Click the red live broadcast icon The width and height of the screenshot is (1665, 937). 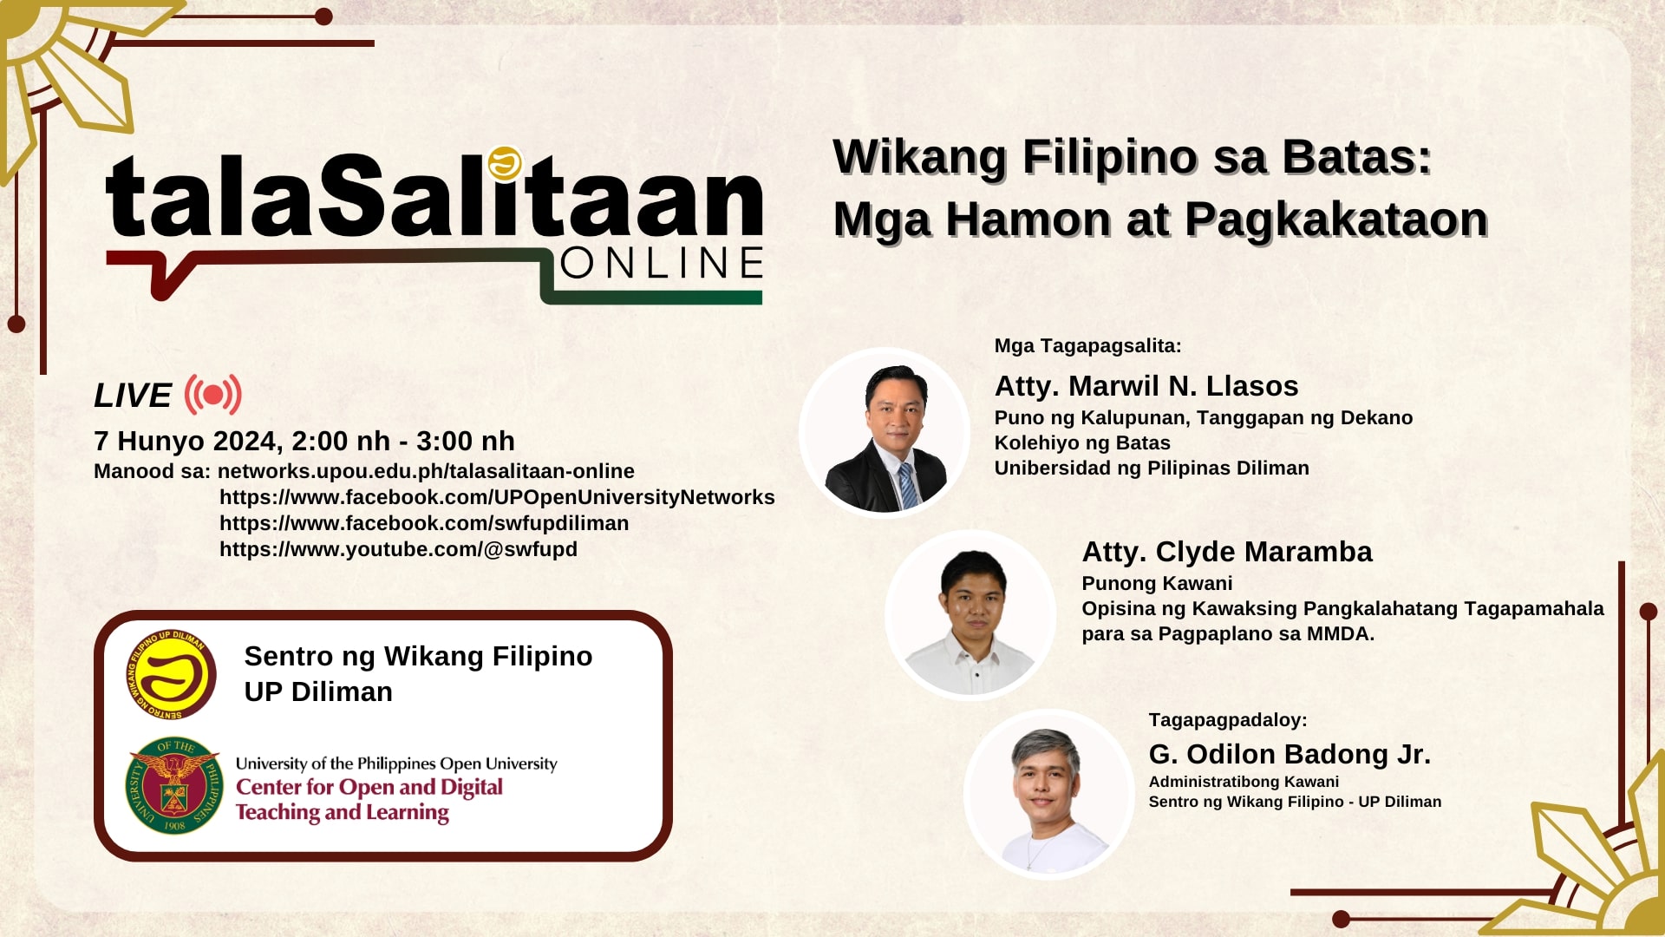[x=212, y=395]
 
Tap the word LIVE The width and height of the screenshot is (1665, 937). [x=133, y=396]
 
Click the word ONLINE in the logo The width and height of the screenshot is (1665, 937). [x=662, y=264]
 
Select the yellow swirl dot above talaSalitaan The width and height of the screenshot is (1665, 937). [x=504, y=162]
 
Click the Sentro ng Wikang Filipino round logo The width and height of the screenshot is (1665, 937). [x=172, y=675]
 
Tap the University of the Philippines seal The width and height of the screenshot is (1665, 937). [x=173, y=786]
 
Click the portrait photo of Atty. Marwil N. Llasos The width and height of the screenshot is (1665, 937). [x=884, y=432]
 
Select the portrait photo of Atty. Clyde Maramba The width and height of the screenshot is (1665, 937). [x=970, y=614]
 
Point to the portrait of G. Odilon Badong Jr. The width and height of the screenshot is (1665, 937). [x=1048, y=794]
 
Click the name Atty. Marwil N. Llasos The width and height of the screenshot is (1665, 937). [x=1146, y=386]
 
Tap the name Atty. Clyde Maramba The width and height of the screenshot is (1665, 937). [x=1227, y=552]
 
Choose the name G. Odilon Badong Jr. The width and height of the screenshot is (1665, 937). [x=1290, y=754]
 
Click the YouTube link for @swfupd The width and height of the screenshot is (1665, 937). [x=398, y=549]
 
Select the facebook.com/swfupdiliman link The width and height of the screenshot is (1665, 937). [x=424, y=523]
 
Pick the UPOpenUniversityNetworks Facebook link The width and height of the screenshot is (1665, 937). [x=497, y=497]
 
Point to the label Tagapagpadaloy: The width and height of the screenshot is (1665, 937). [x=1228, y=720]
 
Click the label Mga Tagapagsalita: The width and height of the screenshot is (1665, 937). [x=1088, y=346]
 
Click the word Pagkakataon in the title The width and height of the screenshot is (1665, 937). [x=1336, y=220]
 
